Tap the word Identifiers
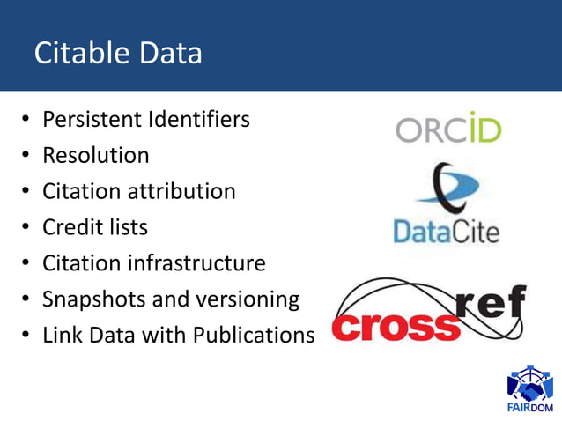198,119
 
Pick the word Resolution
96,156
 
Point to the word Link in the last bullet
62,336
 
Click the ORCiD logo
448,129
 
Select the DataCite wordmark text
446,233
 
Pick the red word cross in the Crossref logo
396,325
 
